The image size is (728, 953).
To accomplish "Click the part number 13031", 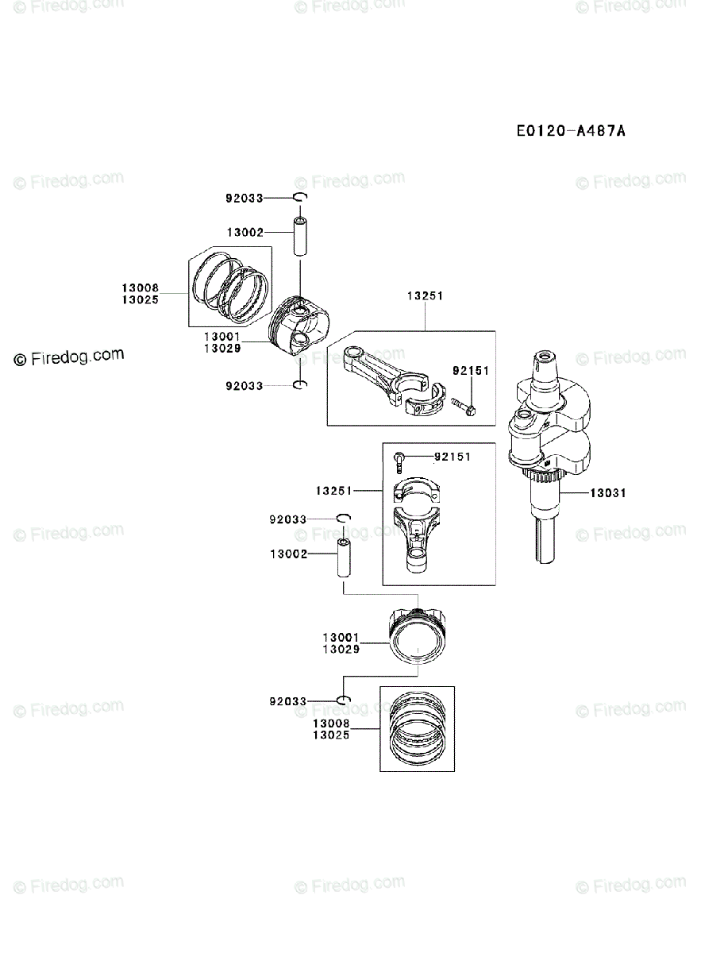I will tap(607, 493).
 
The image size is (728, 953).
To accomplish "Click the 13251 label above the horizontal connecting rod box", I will tap(425, 295).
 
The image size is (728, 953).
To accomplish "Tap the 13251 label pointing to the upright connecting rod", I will tap(333, 492).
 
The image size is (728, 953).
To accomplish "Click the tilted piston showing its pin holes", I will tap(299, 329).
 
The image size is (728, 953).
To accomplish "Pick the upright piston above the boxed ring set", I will tap(418, 636).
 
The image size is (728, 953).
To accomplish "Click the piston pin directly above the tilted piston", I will tap(301, 236).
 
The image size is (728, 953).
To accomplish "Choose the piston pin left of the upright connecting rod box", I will tap(344, 560).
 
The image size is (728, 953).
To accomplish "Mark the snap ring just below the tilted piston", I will tap(300, 386).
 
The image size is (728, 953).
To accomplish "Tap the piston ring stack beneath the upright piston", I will tap(417, 728).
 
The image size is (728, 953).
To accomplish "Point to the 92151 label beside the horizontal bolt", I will tap(471, 371).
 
